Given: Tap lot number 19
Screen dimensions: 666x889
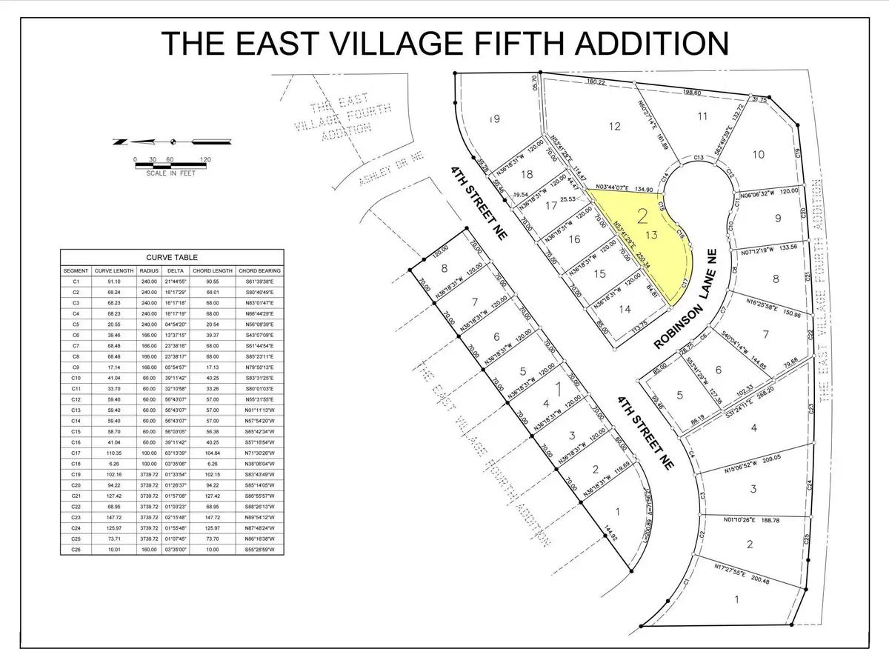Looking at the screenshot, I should click(x=496, y=119).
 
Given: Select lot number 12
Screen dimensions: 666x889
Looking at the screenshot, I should click(x=614, y=126).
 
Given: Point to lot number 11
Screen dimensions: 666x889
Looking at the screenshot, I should click(x=702, y=116).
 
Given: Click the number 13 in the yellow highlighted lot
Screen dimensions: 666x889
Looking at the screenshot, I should click(x=652, y=235).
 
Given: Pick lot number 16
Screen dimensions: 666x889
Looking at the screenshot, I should click(x=575, y=239).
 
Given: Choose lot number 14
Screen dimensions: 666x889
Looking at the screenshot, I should click(x=627, y=309).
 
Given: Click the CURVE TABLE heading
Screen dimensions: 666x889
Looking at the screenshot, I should click(x=173, y=257).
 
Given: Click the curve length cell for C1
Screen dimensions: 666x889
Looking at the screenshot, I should click(x=113, y=282).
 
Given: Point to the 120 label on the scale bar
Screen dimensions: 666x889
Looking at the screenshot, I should click(x=204, y=159).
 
